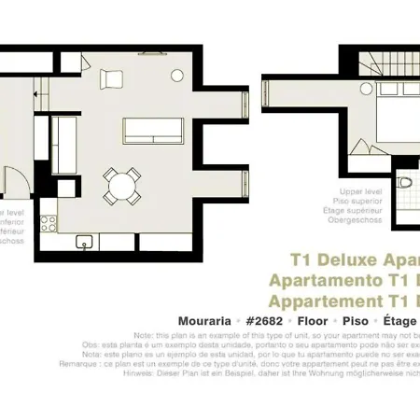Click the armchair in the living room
coord(111,79)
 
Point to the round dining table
coord(122,187)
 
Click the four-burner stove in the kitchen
coord(49,223)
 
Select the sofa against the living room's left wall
coord(65,145)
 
